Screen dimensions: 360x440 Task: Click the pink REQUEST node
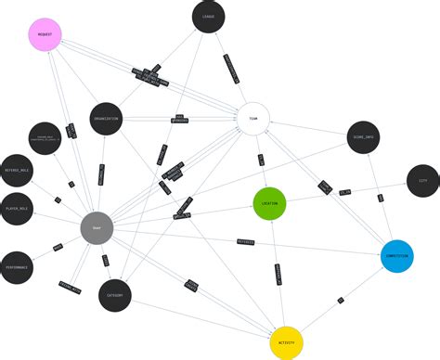(45, 34)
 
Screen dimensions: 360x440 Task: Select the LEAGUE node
(209, 17)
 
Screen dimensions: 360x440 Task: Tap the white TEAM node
(253, 118)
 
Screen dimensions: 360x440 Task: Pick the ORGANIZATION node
(107, 119)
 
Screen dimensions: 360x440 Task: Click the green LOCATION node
(269, 203)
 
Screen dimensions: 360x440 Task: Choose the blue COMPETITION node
(396, 256)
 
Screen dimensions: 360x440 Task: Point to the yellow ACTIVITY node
(287, 342)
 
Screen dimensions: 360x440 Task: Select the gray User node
(97, 227)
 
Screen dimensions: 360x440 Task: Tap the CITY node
(422, 181)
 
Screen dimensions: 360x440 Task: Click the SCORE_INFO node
(364, 137)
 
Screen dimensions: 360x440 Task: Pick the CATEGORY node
(114, 296)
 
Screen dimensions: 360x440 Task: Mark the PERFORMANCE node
(16, 267)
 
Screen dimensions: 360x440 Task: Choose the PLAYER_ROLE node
(16, 209)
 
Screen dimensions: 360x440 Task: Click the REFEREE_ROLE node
(16, 170)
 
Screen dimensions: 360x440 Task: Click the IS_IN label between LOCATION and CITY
(344, 192)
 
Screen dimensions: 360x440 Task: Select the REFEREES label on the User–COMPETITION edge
(245, 241)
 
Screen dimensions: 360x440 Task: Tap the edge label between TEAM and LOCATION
(261, 160)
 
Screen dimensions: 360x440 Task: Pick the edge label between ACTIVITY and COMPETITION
(341, 300)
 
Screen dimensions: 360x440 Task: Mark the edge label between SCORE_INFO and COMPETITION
(380, 197)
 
